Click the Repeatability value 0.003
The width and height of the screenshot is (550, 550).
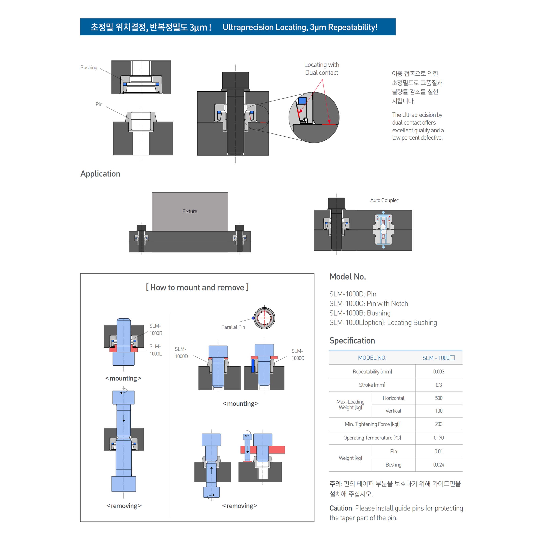coord(438,372)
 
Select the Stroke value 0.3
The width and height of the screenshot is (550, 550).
coord(438,385)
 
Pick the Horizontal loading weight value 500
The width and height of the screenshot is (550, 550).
coord(438,398)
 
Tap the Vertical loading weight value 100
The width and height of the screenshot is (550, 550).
coord(438,411)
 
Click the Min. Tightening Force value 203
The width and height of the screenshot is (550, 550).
coord(438,424)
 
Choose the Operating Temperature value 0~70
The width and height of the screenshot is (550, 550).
coord(438,438)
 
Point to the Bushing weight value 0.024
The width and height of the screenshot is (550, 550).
coord(438,465)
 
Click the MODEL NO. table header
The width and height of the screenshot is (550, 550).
coord(372,358)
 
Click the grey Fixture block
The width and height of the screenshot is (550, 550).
coord(190,211)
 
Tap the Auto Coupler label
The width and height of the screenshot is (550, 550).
coord(384,200)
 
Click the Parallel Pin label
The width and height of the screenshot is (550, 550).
coord(233,327)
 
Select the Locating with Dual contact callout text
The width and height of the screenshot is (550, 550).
coord(322,69)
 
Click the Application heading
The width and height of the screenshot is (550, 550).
coord(100,174)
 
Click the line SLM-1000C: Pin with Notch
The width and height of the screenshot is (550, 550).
coord(369,303)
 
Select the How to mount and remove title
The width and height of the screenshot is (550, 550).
coord(197,287)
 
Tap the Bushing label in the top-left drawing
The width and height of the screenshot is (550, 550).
coord(89,68)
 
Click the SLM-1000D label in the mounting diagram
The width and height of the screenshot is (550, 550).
coord(181,352)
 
